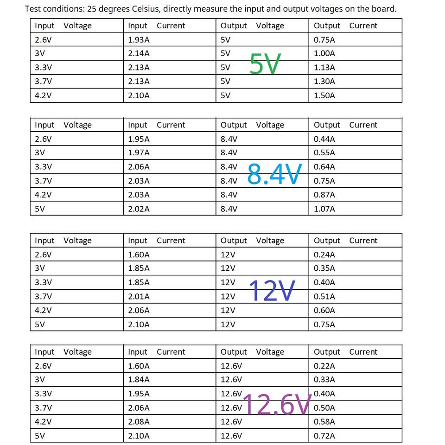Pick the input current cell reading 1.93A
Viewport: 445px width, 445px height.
click(x=139, y=39)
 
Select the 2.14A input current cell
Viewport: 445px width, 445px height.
click(x=139, y=53)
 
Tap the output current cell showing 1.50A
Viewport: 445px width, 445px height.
click(x=324, y=95)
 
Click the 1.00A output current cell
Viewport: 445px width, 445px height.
click(x=324, y=53)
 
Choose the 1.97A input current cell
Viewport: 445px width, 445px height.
click(x=139, y=153)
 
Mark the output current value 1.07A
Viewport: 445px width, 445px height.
click(x=324, y=209)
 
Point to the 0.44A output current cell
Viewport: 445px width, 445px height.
click(x=324, y=139)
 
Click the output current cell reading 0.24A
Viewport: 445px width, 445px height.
click(x=324, y=254)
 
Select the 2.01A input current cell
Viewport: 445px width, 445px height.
click(x=139, y=296)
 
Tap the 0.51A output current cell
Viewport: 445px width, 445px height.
click(x=324, y=296)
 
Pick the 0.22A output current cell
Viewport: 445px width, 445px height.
click(x=324, y=366)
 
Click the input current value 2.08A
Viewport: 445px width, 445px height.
click(x=139, y=421)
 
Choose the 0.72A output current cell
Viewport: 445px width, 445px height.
click(x=324, y=436)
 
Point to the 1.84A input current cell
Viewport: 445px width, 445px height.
click(x=139, y=380)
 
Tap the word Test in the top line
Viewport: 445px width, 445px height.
click(x=32, y=9)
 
